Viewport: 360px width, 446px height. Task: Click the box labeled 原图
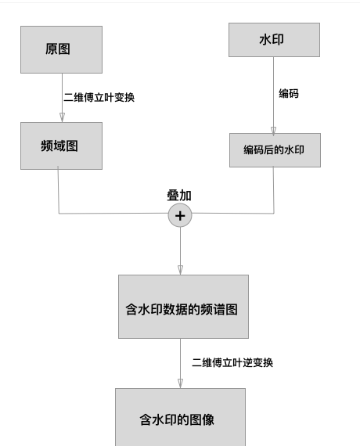[x=61, y=49]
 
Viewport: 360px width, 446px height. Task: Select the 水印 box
[x=274, y=39]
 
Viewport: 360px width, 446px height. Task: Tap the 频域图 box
[x=61, y=146]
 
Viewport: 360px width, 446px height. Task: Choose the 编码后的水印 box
[x=274, y=149]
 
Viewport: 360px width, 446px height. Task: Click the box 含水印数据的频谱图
[x=183, y=307]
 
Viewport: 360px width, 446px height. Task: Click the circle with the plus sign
[x=180, y=215]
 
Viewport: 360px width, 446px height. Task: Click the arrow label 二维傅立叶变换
[x=99, y=98]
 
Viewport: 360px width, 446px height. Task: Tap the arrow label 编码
[x=289, y=94]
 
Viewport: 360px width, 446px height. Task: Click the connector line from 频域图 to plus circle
[x=110, y=213]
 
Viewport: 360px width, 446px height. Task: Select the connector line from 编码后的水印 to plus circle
[x=243, y=212]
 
